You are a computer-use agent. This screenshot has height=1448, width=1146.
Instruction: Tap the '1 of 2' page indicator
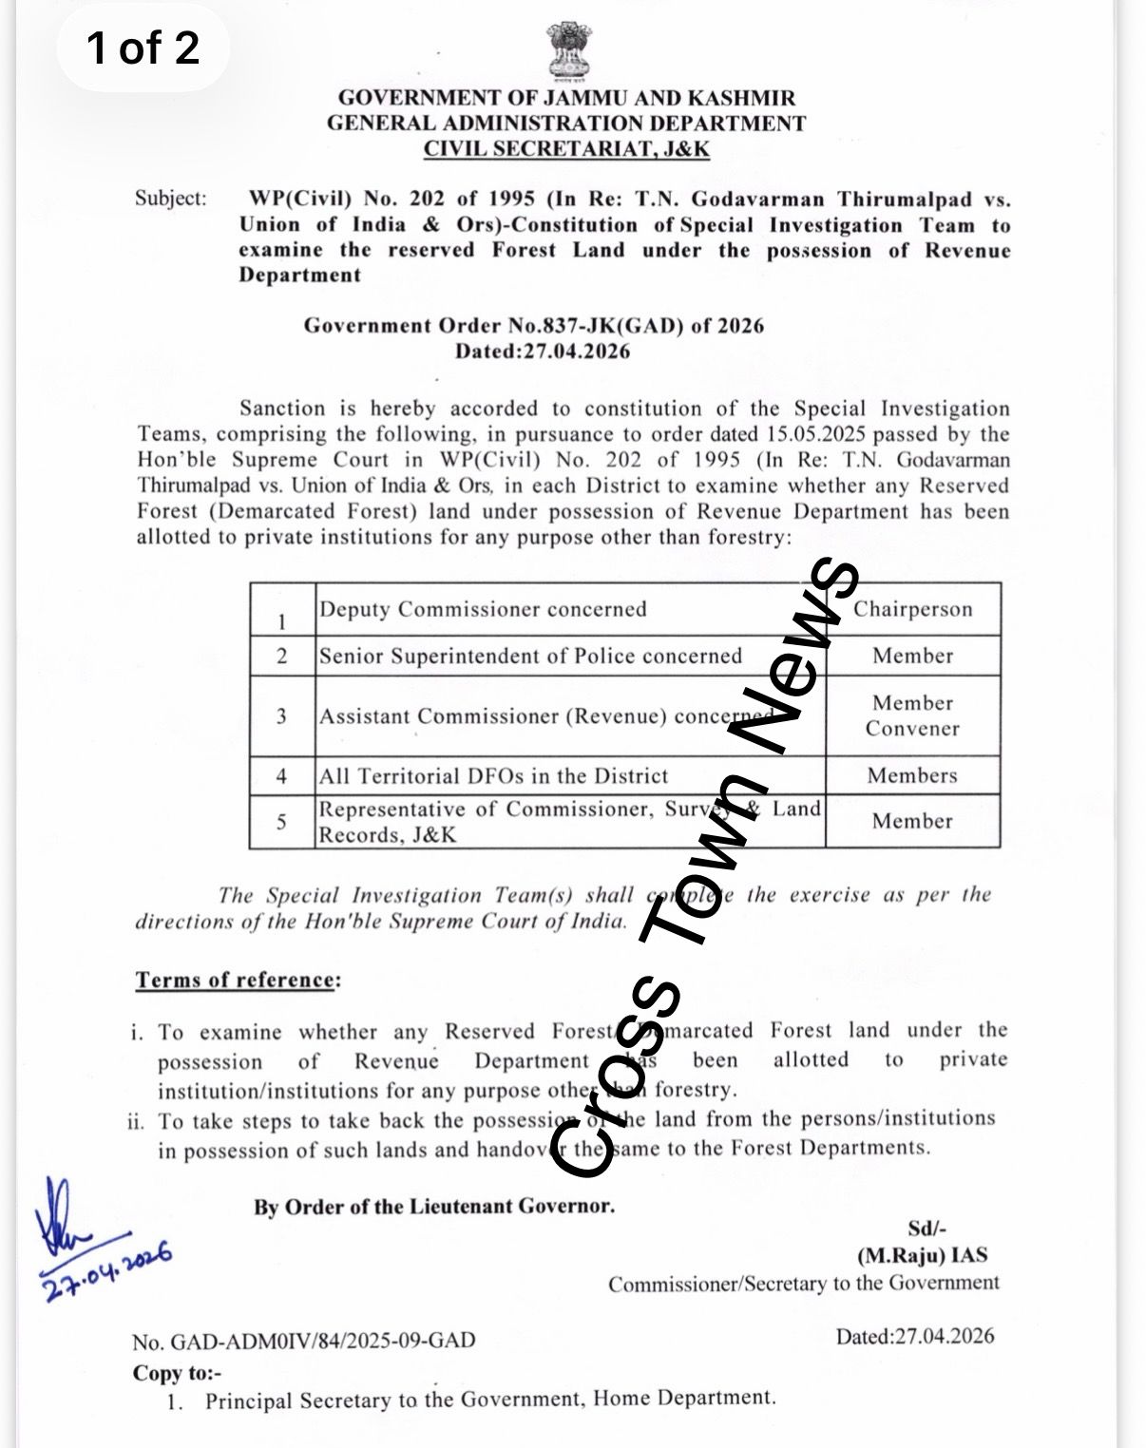pyautogui.click(x=143, y=48)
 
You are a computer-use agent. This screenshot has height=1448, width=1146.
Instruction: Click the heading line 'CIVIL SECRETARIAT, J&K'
pyautogui.click(x=566, y=149)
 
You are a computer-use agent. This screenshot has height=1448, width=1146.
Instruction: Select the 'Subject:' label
pyautogui.click(x=170, y=199)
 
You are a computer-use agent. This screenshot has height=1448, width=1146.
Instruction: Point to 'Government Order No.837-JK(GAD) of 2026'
pyautogui.click(x=534, y=326)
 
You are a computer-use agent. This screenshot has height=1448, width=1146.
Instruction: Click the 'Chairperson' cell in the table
pyautogui.click(x=912, y=609)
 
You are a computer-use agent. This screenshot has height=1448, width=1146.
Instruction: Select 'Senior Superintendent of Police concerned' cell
pyautogui.click(x=530, y=656)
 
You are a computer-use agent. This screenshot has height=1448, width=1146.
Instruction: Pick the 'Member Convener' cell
pyautogui.click(x=912, y=715)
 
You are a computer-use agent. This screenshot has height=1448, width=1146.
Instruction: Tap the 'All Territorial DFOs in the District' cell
pyautogui.click(x=494, y=775)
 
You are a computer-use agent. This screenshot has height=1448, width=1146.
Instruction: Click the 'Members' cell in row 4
pyautogui.click(x=912, y=775)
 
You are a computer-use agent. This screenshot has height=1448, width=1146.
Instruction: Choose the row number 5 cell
pyautogui.click(x=282, y=821)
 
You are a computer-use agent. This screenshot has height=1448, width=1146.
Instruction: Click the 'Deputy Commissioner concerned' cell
pyautogui.click(x=483, y=609)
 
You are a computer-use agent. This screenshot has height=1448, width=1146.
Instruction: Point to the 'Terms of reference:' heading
pyautogui.click(x=237, y=980)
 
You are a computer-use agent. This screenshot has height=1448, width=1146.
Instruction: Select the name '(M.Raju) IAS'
pyautogui.click(x=922, y=1255)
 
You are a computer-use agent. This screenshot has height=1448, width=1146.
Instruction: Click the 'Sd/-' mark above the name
pyautogui.click(x=927, y=1229)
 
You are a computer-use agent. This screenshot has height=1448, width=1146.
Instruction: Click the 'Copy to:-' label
pyautogui.click(x=177, y=1373)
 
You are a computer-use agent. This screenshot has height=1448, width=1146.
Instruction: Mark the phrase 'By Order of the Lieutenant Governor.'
pyautogui.click(x=433, y=1207)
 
